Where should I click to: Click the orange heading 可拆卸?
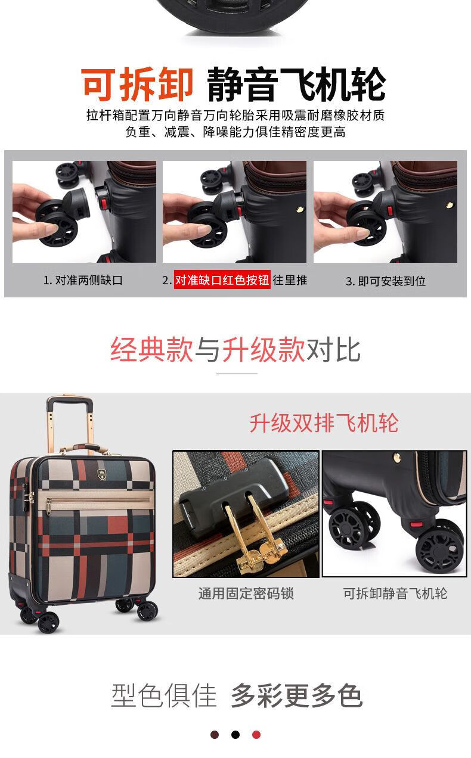tap(137, 84)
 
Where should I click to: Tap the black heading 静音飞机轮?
tap(296, 84)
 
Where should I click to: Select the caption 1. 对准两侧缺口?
tap(83, 280)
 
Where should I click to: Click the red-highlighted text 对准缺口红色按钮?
tap(222, 279)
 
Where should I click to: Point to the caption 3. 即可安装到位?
tap(386, 281)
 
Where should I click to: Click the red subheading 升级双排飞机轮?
tap(324, 423)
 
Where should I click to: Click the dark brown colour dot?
tap(215, 735)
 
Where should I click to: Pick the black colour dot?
tap(235, 735)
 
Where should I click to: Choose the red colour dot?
tap(256, 735)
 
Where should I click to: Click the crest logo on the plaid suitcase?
tap(102, 474)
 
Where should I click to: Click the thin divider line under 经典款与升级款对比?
tap(237, 374)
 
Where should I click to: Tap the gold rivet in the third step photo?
tap(449, 205)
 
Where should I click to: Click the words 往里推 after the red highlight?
tap(290, 280)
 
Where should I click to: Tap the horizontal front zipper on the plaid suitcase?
tap(98, 499)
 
